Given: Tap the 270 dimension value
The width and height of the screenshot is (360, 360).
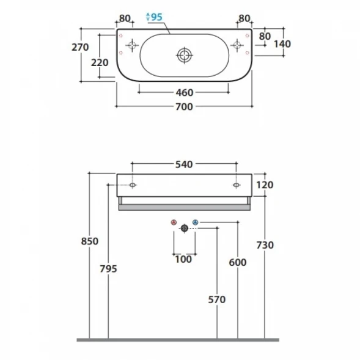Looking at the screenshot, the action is [x=80, y=47].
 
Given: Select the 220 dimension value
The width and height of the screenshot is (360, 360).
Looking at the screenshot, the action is [x=100, y=62].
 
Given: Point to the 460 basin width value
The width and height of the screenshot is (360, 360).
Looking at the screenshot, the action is [x=185, y=93].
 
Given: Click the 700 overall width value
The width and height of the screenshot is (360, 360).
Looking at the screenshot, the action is [x=184, y=107].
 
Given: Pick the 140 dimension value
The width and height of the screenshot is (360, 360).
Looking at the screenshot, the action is [x=282, y=44].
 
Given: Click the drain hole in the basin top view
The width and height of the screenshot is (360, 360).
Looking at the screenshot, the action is [x=185, y=56].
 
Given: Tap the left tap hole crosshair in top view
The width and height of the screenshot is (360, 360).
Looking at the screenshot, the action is [x=132, y=45].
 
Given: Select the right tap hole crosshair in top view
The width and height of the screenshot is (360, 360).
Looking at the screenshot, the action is [x=237, y=45].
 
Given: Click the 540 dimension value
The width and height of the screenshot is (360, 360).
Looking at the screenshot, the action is [x=184, y=164].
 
